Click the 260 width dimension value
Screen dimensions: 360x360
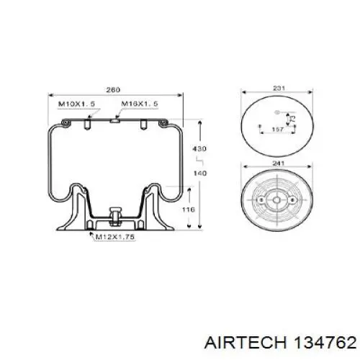click(113, 90)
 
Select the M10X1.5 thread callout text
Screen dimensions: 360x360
click(77, 104)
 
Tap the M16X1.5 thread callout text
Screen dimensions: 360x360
click(140, 104)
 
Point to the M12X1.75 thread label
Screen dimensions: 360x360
click(114, 237)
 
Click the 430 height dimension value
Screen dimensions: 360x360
click(199, 149)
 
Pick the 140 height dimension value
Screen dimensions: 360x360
click(199, 173)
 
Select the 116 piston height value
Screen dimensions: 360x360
click(188, 210)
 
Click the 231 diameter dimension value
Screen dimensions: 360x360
click(279, 88)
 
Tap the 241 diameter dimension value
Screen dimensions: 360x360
click(279, 163)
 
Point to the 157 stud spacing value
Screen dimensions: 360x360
click(278, 130)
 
